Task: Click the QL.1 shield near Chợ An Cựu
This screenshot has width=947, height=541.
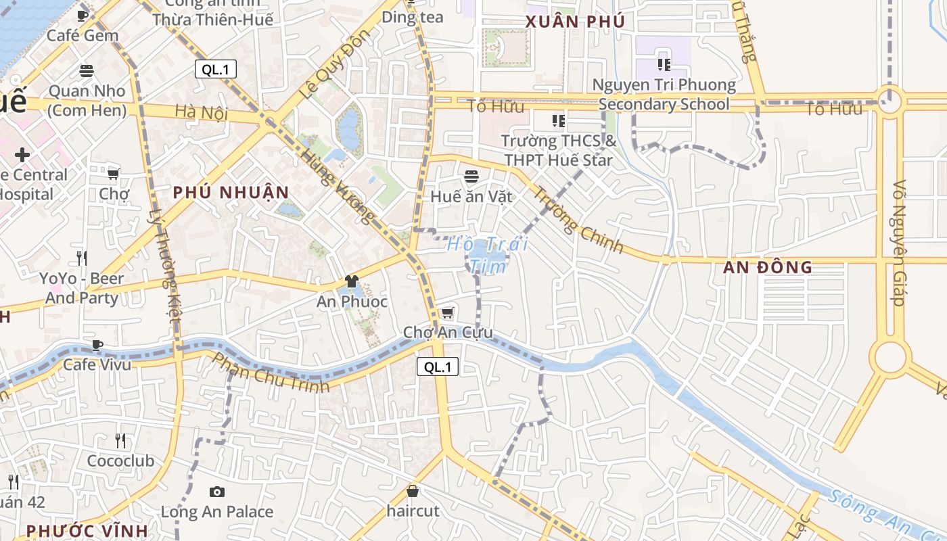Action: pos(438,367)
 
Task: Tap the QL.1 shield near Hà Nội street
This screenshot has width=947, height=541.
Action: pos(216,69)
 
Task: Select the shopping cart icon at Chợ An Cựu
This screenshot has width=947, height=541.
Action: pos(447,312)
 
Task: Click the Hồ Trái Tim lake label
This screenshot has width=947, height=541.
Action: pos(487,255)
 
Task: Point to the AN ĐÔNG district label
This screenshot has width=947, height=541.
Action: pos(767,268)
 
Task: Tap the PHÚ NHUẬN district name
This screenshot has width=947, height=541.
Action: pos(231,193)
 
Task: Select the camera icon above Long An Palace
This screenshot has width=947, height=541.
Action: pos(216,492)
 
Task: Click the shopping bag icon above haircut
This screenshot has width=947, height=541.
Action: pos(413,491)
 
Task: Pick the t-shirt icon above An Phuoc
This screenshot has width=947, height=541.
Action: pos(351,281)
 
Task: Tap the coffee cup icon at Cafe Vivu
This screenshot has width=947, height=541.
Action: pos(97,345)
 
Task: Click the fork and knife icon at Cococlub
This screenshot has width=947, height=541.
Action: pos(120,441)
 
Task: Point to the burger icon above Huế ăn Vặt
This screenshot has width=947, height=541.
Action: pos(471,177)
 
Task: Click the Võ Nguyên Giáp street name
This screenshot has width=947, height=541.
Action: pos(899,242)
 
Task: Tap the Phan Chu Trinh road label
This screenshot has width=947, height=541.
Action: pos(271,373)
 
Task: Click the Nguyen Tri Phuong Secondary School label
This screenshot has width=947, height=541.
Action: pos(664,94)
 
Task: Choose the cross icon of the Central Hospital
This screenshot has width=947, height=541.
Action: pos(22,154)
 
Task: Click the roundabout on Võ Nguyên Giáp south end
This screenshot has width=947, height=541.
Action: pos(890,357)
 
